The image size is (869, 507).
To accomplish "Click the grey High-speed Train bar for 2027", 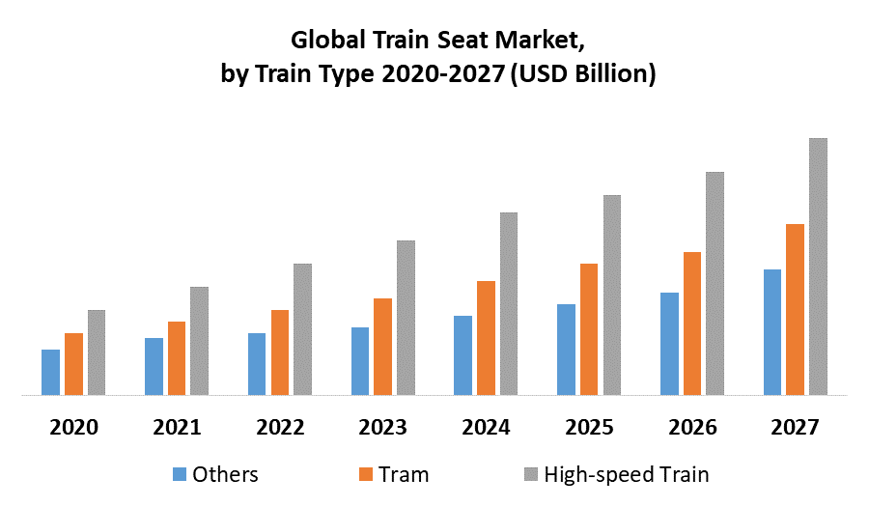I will click(x=818, y=267).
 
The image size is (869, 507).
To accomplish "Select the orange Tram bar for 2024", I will click(x=486, y=338).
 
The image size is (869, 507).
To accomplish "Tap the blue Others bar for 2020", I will click(x=50, y=372).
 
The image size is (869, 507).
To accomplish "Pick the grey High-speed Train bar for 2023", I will click(x=406, y=318).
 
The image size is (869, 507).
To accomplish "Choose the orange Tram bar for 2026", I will click(x=692, y=324).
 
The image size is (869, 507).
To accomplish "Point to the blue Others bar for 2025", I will click(x=566, y=350).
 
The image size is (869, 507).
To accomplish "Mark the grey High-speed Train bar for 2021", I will click(x=199, y=341).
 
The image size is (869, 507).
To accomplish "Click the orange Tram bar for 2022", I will click(x=280, y=352).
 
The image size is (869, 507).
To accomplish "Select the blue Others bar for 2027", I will click(x=772, y=332).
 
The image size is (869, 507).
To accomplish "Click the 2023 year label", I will click(x=383, y=427).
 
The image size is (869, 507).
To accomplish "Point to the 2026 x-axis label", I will click(x=692, y=427).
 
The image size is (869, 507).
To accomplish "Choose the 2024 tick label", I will click(x=487, y=427).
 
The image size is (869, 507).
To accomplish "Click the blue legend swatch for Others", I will click(x=180, y=474).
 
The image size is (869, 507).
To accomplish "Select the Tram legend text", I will click(x=404, y=474).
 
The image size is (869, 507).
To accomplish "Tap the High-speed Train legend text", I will click(x=627, y=474).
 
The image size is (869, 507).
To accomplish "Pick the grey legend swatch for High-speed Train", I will click(x=530, y=474).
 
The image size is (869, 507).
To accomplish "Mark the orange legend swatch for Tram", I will click(x=366, y=474).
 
